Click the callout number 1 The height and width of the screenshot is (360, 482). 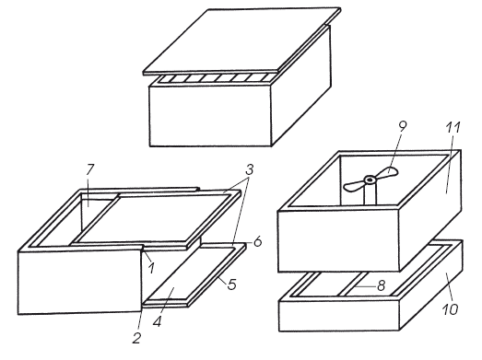tap(150, 267)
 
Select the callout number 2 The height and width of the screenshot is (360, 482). tap(136, 338)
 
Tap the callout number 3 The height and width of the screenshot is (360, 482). tap(250, 169)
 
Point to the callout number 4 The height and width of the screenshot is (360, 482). tap(157, 321)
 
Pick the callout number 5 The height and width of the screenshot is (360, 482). tap(232, 285)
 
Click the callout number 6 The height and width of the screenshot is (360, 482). tap(258, 241)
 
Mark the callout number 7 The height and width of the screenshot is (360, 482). tap(90, 169)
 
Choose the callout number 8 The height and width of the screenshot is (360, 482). tap(381, 285)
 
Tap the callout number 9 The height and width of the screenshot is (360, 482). tap(403, 125)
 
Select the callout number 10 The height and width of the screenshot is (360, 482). tap(450, 309)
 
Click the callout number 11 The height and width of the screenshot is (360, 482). tap(453, 127)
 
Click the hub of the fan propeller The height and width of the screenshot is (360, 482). tap(370, 179)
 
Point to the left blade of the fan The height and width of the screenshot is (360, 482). tap(354, 185)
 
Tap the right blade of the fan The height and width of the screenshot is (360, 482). tap(387, 172)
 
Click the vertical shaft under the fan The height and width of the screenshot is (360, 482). tap(370, 194)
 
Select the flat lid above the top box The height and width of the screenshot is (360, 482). tap(242, 41)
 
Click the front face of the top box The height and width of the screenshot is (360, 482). tap(210, 116)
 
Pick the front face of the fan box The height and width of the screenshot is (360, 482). tap(339, 241)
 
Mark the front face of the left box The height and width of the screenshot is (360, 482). tap(80, 282)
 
